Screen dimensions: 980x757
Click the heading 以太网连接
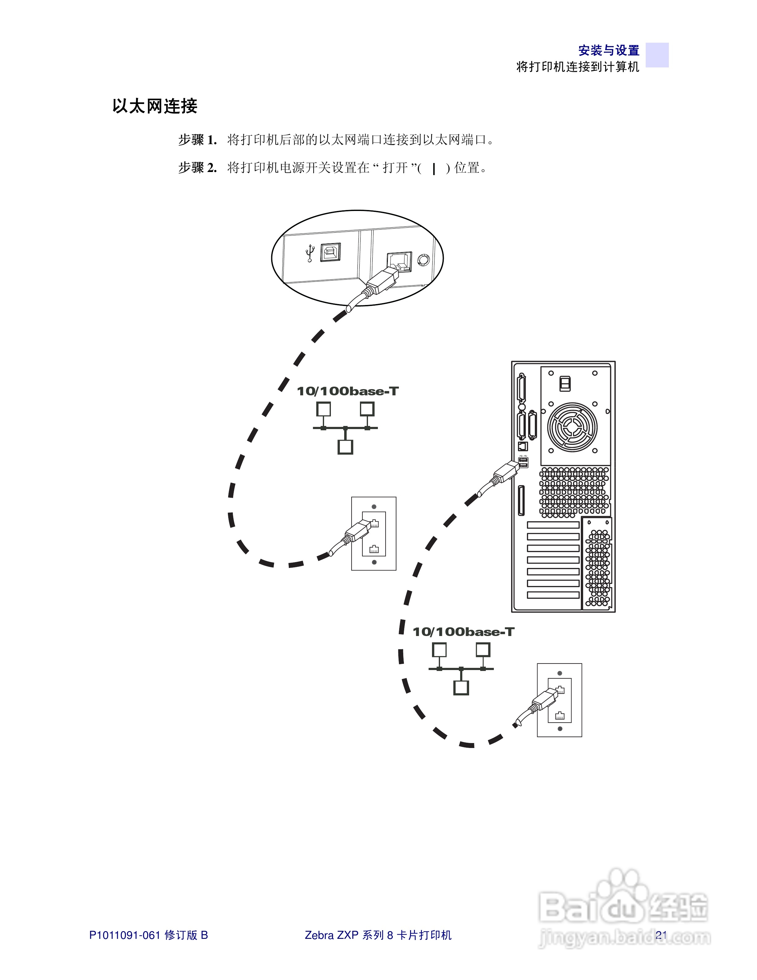point(155,106)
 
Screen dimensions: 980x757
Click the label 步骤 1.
point(197,140)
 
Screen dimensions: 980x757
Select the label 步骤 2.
point(197,168)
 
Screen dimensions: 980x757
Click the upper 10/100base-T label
point(348,391)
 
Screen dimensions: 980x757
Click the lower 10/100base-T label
point(463,632)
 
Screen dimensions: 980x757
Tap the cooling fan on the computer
point(572,427)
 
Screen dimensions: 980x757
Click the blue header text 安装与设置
point(609,50)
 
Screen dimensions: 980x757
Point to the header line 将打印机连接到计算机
point(578,67)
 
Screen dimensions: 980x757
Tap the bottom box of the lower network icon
point(461,687)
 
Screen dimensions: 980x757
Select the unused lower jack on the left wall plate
point(374,549)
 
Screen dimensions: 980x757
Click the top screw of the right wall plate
point(560,673)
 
